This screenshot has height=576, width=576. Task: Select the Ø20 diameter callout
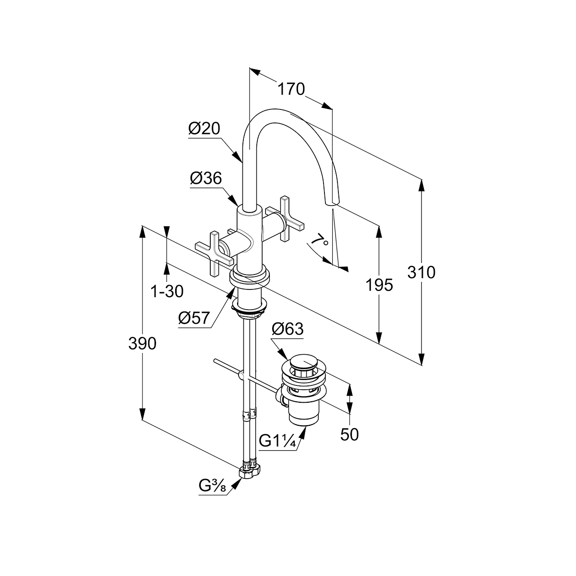click(x=204, y=129)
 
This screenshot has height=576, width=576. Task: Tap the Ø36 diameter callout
click(x=206, y=179)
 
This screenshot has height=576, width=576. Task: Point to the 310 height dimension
click(x=421, y=272)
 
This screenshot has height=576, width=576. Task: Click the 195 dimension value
click(x=379, y=285)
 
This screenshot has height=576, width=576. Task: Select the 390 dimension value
click(x=142, y=343)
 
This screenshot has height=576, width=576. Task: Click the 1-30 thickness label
click(x=167, y=291)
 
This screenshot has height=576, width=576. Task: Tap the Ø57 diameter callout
click(x=194, y=318)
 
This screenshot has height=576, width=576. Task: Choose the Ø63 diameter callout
click(x=288, y=329)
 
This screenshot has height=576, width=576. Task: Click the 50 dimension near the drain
click(x=349, y=434)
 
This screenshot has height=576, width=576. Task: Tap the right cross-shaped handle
click(x=285, y=219)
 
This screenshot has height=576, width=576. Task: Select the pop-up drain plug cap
click(x=301, y=361)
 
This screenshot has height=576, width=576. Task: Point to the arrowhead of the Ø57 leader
click(x=232, y=291)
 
